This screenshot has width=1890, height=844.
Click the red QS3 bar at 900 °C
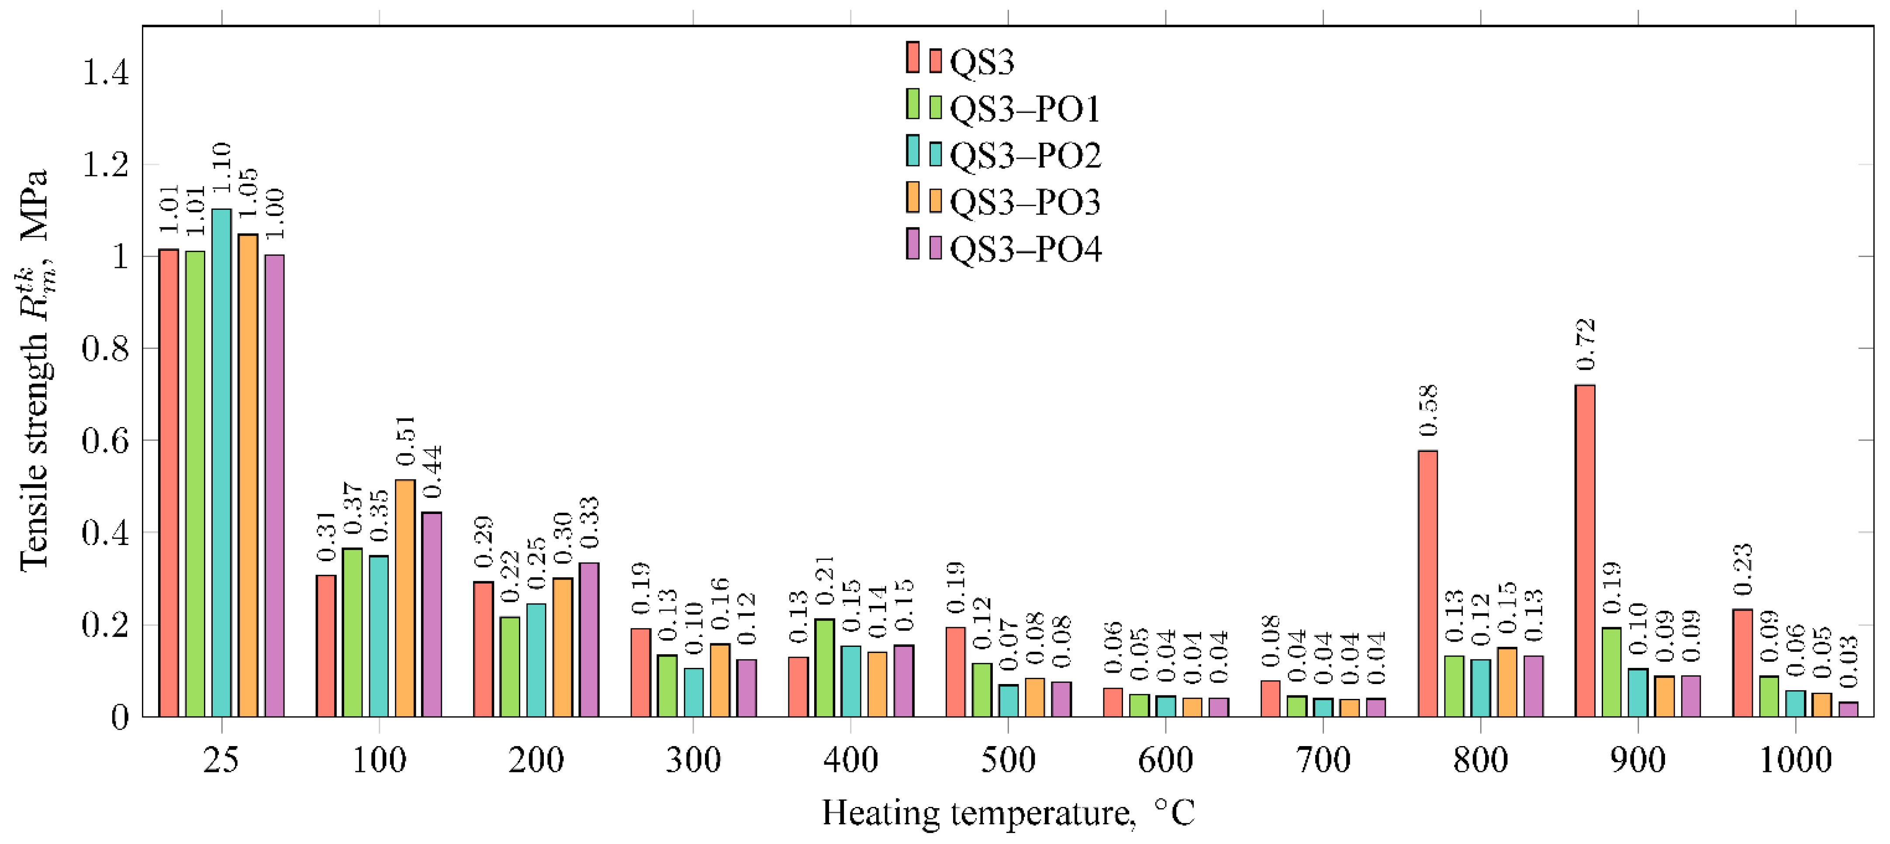(1585, 550)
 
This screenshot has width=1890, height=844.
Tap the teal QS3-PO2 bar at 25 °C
(221, 462)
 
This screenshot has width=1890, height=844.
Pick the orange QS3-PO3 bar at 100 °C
(405, 598)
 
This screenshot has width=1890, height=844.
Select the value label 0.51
(405, 440)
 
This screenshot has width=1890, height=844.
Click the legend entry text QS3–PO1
(1025, 109)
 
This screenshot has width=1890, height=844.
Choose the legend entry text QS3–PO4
(1025, 250)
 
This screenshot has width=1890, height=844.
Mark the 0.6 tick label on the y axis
(105, 441)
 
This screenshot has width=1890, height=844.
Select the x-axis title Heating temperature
(1008, 813)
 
